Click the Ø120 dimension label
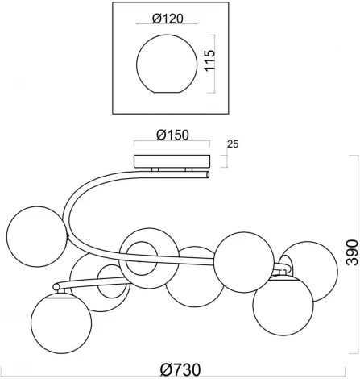pyautogui.click(x=168, y=19)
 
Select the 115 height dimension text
pyautogui.click(x=210, y=60)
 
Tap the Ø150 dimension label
pyautogui.click(x=172, y=135)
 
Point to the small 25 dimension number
pyautogui.click(x=233, y=144)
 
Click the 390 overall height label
pyautogui.click(x=352, y=252)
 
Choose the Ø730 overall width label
pyautogui.click(x=180, y=369)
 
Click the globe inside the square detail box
pyautogui.click(x=167, y=64)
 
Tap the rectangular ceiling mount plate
pyautogui.click(x=172, y=161)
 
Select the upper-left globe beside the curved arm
pyautogui.click(x=37, y=236)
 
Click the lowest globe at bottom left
pyautogui.click(x=61, y=323)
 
